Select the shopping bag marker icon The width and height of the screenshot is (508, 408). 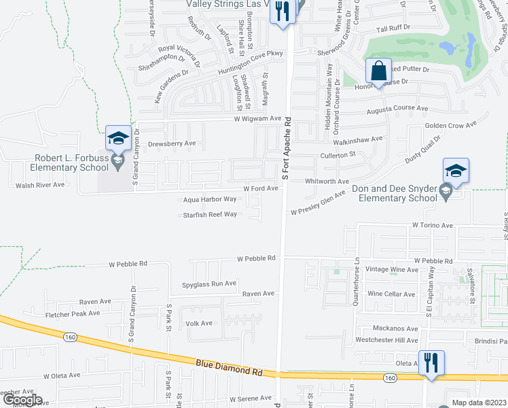click(379, 71)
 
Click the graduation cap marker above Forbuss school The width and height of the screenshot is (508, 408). click(118, 138)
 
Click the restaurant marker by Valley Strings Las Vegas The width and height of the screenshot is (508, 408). click(283, 12)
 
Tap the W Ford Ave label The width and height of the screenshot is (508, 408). click(261, 188)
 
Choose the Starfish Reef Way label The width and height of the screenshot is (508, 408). click(210, 215)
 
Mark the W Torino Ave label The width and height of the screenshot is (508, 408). click(432, 225)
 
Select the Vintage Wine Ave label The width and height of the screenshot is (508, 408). click(391, 270)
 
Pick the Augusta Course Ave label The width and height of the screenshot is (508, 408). click(397, 109)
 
